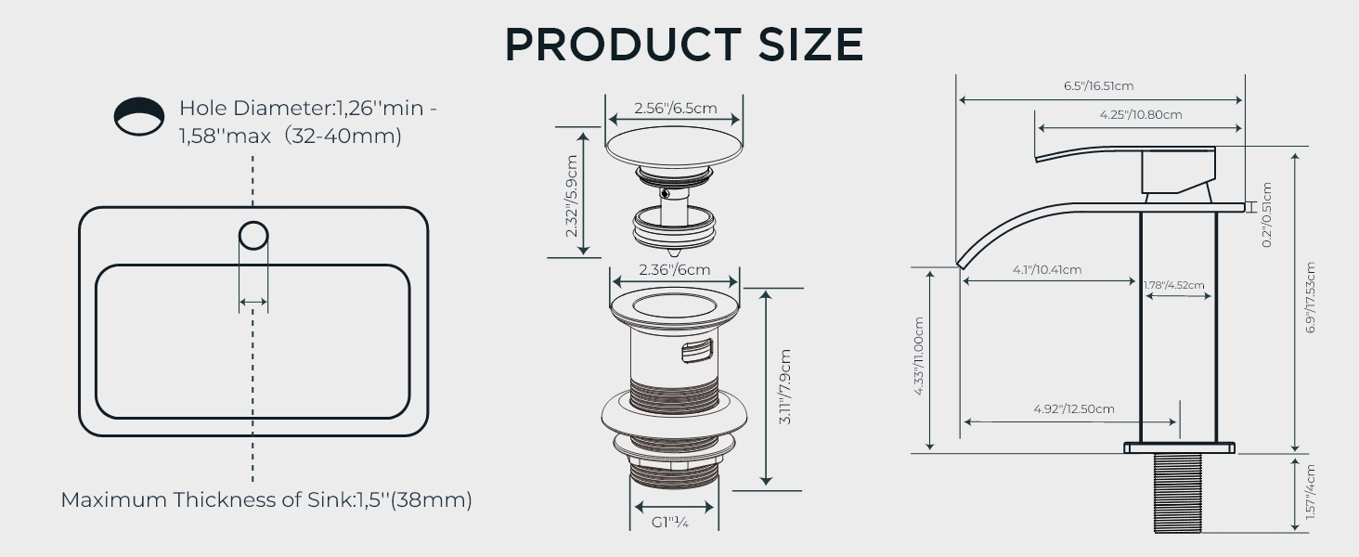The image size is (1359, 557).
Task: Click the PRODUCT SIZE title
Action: [684, 45]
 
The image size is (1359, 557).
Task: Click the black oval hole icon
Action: [139, 116]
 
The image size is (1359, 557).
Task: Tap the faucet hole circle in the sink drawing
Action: [253, 236]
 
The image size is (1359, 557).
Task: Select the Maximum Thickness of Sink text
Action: [266, 500]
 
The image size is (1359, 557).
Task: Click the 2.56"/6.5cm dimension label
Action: [675, 108]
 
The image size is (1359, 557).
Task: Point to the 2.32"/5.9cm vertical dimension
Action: [572, 196]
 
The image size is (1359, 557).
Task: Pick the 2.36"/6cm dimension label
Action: [674, 269]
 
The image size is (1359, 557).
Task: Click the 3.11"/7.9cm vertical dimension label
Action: [785, 386]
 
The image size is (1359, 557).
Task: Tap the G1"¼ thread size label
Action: [670, 523]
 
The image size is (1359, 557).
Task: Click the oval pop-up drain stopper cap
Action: [674, 147]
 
